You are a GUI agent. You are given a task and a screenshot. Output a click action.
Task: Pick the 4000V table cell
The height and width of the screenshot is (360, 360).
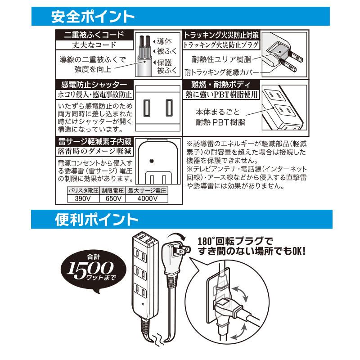[147, 198]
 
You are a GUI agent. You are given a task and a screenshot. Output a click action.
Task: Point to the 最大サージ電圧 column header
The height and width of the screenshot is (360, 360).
[147, 190]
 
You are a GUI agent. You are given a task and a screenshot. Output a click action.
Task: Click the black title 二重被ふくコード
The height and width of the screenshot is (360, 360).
[94, 35]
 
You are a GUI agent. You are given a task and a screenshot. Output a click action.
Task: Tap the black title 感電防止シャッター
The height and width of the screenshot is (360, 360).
[94, 85]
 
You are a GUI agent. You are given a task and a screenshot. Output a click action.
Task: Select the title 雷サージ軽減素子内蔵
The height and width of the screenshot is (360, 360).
[94, 140]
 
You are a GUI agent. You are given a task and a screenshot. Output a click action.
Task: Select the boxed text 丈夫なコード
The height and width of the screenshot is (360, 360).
[94, 45]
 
